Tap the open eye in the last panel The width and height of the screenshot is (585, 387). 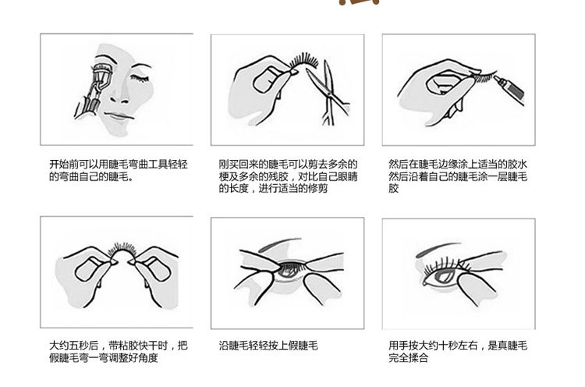click(443, 274)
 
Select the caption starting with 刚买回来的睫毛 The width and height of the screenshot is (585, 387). click(288, 176)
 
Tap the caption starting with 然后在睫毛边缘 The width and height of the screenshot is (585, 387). click(458, 176)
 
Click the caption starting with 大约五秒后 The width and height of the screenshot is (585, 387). click(118, 351)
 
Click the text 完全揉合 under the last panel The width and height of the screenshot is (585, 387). click(408, 357)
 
